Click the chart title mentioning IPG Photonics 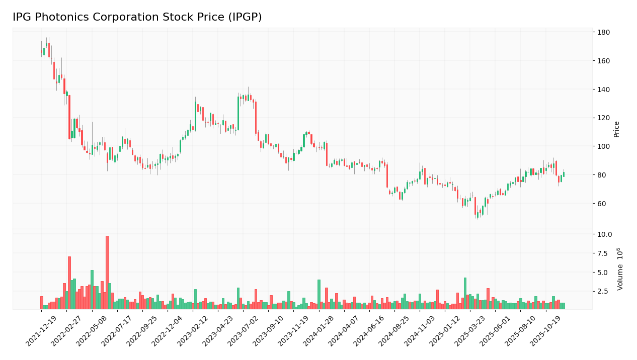[137, 18]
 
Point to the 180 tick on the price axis [603, 33]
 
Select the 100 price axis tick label [603, 147]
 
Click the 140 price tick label [603, 89]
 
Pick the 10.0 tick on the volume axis [604, 234]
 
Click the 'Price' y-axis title [616, 129]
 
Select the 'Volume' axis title [620, 268]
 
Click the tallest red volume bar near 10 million [107, 273]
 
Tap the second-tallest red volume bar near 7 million [69, 283]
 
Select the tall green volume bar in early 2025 [465, 293]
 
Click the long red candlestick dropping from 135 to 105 [69, 117]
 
